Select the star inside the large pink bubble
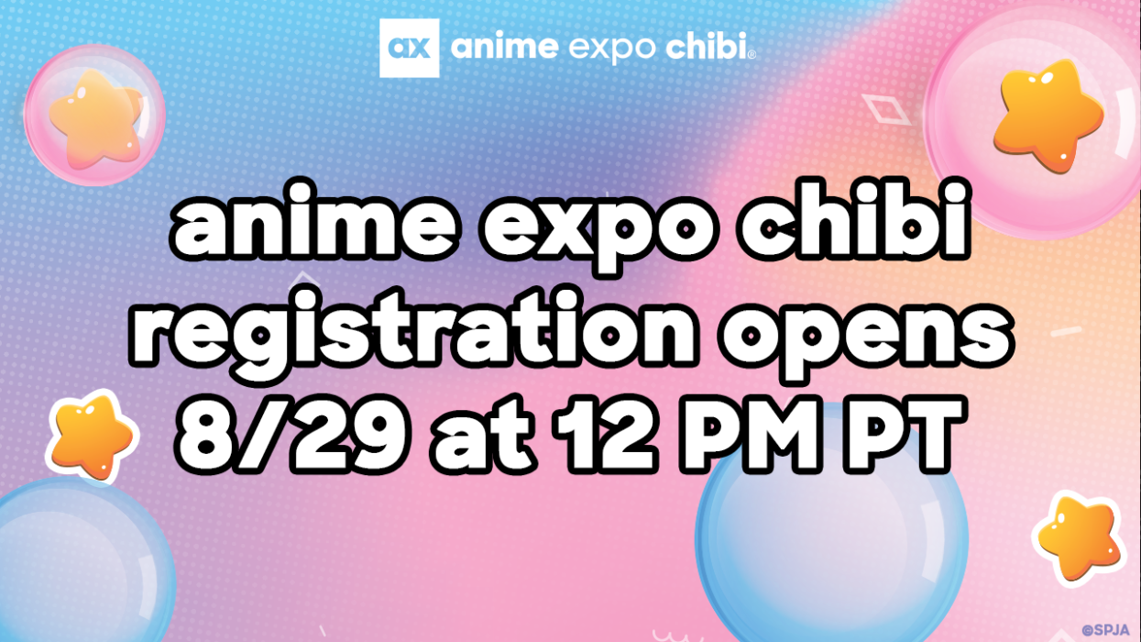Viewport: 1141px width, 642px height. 1048,116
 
